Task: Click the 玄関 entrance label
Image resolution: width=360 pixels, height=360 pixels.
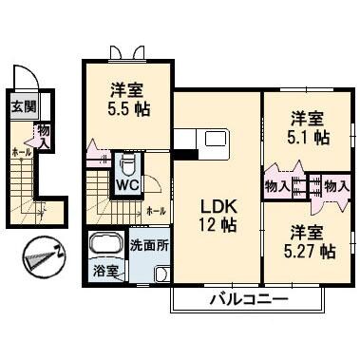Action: click(24, 105)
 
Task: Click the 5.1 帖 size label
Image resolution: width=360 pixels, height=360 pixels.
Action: click(309, 139)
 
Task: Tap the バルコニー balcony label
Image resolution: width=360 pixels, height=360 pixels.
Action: click(248, 301)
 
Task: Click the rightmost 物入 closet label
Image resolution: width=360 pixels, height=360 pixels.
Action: click(335, 186)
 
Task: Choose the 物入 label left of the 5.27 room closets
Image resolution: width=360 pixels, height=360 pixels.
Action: click(277, 186)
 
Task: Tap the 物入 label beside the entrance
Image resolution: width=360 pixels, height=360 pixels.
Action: click(45, 134)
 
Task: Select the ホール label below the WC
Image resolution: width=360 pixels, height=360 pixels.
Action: click(158, 210)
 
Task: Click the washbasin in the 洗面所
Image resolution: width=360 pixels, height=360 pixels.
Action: click(161, 273)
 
